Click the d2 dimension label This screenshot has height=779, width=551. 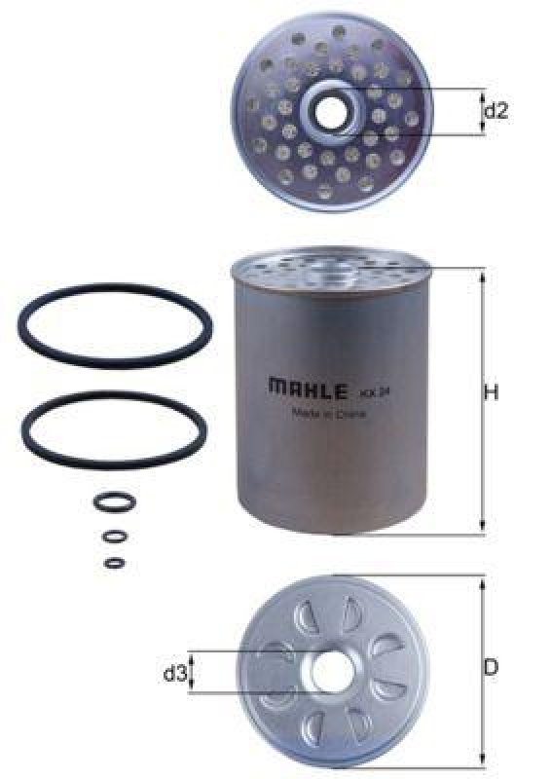[x=496, y=112]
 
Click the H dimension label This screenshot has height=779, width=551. [x=492, y=393]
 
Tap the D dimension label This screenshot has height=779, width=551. [x=492, y=668]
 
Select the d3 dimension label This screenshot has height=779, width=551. [x=174, y=673]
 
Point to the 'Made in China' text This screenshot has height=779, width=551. [x=329, y=412]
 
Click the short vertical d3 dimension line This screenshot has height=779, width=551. [x=192, y=673]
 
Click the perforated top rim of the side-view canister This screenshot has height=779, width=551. [x=330, y=262]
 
